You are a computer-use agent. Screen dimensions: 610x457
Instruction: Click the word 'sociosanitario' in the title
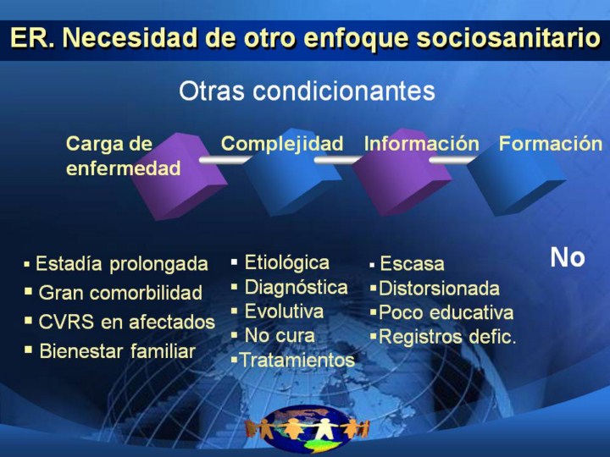click(x=508, y=38)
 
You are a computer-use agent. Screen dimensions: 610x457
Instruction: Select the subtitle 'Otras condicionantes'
click(x=307, y=91)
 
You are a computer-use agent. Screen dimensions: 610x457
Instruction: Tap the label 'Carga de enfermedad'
click(x=124, y=156)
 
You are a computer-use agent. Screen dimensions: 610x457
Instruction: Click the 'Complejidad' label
click(x=282, y=144)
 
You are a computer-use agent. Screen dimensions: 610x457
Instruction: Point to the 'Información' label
click(x=422, y=143)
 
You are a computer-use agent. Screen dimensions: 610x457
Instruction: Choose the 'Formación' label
click(x=551, y=143)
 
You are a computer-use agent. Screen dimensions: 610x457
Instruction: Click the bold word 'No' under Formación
click(x=568, y=257)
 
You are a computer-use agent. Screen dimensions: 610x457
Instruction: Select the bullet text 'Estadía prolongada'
click(x=122, y=264)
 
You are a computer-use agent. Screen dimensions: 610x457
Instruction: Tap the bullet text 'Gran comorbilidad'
click(x=120, y=293)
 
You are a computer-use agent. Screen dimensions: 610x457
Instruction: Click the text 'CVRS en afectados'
click(x=127, y=322)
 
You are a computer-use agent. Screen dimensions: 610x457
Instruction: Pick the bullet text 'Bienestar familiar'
click(x=117, y=351)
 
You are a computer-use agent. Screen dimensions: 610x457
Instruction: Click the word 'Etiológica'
click(x=286, y=262)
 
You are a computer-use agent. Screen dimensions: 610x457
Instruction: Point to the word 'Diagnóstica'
click(x=296, y=288)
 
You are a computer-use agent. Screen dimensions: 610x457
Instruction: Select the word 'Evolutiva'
click(x=284, y=311)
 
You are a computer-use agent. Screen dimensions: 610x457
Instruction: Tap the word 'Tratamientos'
click(x=297, y=360)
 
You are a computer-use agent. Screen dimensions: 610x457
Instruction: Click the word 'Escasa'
click(x=412, y=263)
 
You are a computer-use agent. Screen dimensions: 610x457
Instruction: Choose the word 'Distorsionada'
click(x=439, y=289)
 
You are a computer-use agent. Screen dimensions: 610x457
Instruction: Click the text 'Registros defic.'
click(x=447, y=337)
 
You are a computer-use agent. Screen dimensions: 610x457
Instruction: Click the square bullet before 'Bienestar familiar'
click(x=28, y=350)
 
